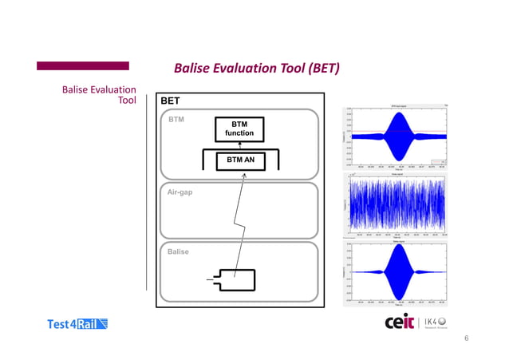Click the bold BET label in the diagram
[170, 101]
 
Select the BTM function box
[238, 129]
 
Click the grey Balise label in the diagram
[178, 251]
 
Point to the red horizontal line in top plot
[363, 132]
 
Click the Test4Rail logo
[78, 323]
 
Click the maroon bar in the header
[83, 66]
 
